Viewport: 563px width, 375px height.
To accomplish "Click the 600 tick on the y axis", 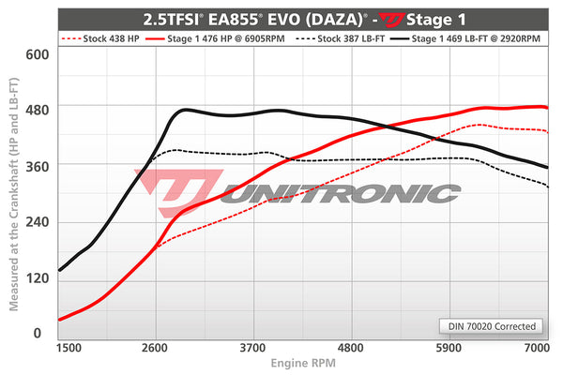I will pyautogui.click(x=35, y=53).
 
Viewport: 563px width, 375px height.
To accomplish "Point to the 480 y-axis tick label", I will pyautogui.click(x=35, y=109).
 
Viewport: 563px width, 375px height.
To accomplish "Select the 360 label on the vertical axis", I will pyautogui.click(x=35, y=164).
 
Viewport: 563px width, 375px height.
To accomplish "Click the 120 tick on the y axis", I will pyautogui.click(x=35, y=277).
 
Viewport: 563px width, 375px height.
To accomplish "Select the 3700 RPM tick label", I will pyautogui.click(x=253, y=347).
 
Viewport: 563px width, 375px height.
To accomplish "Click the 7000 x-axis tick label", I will pyautogui.click(x=536, y=347).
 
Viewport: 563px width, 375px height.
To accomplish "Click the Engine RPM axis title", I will pyautogui.click(x=302, y=362).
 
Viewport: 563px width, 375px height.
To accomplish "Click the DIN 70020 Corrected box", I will pyautogui.click(x=491, y=326).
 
